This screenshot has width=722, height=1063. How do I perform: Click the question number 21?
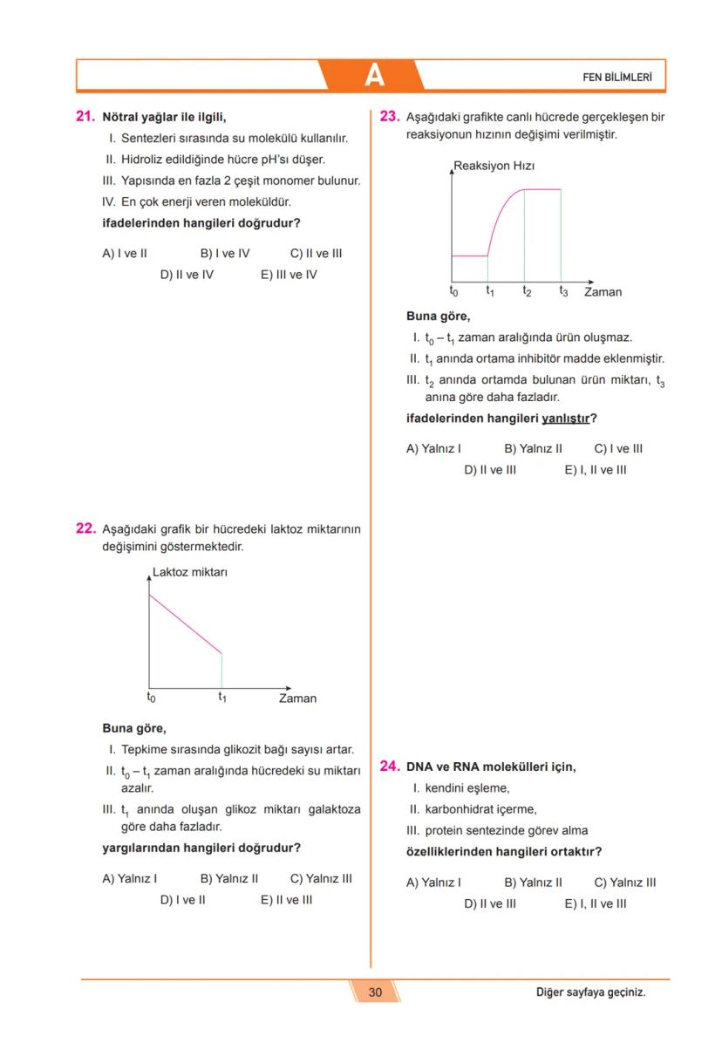pos(85,116)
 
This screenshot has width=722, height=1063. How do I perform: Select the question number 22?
pos(85,528)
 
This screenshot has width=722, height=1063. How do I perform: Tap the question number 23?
pos(390,116)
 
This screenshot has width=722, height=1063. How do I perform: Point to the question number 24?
pos(390,767)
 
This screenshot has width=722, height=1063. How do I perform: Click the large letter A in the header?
pos(374,76)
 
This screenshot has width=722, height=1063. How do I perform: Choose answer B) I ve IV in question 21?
pos(225,254)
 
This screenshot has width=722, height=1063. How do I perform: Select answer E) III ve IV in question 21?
pos(289,275)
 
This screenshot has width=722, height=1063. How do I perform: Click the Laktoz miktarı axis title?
pos(189,573)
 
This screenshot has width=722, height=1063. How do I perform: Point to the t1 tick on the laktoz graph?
pos(222,698)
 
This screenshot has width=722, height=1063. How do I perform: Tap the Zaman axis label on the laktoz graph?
pos(297,698)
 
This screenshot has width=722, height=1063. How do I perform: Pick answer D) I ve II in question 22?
pos(182,900)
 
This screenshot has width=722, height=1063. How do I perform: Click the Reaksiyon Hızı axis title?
pos(494,166)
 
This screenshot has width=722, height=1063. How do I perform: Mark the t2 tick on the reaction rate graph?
pos(527,291)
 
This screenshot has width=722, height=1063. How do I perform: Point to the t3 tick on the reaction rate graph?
pos(563,291)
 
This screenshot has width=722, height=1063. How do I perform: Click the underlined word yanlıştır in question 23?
pos(565,419)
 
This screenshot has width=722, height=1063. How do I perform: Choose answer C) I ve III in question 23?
pos(618,449)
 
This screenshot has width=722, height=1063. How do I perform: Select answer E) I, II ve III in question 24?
pos(595,904)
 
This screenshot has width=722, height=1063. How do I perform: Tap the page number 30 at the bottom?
pos(375,992)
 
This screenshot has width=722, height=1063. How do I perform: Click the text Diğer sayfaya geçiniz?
pos(590,992)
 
